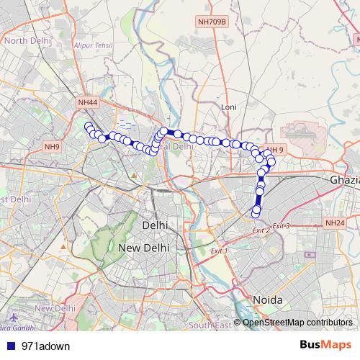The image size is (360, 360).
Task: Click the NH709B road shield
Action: (x=212, y=22)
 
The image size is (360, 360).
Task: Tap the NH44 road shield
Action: (x=87, y=103)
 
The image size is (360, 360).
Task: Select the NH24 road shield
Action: (x=335, y=224)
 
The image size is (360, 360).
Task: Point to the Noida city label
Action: (x=267, y=299)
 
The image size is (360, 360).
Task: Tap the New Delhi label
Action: (x=143, y=247)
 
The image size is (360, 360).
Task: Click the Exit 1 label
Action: (x=218, y=251)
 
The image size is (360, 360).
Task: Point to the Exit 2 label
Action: (x=261, y=230)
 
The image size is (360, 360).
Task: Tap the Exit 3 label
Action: (x=281, y=226)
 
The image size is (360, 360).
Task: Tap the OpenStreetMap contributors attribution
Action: (x=297, y=322)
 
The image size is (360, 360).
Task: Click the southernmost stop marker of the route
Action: (x=255, y=212)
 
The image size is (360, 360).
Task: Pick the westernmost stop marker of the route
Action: (x=88, y=127)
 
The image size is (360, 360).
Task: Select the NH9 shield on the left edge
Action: (x=52, y=147)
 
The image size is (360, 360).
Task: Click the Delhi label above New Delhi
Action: (x=156, y=225)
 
